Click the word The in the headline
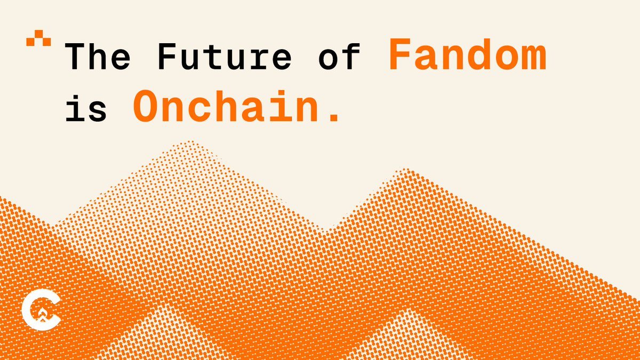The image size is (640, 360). click(98, 57)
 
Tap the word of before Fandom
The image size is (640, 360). click(339, 57)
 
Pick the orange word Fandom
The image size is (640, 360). click(468, 54)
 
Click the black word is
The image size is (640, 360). click(86, 107)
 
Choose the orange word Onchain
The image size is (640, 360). click(226, 106)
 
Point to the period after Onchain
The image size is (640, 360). click(334, 117)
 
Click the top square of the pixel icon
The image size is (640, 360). click(38, 34)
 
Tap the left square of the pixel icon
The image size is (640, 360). click(30, 42)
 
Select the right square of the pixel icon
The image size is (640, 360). click(47, 42)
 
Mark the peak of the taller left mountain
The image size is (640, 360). click(190, 141)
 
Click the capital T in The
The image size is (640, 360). click(75, 57)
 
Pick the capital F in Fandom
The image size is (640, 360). click(400, 54)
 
